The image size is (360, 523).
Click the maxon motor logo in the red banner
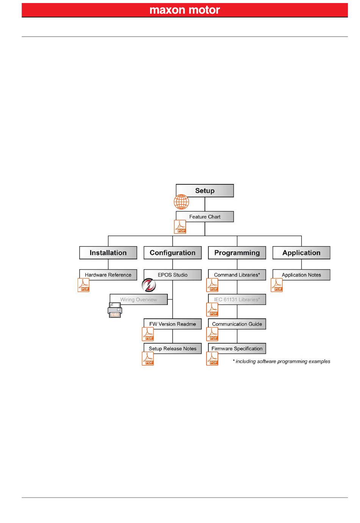[x=185, y=10]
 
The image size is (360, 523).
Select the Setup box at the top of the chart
[x=205, y=190]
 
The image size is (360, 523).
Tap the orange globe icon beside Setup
[x=181, y=202]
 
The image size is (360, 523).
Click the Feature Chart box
[x=205, y=217]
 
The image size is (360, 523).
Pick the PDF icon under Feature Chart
[x=180, y=227]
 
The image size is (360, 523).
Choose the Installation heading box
[x=108, y=253]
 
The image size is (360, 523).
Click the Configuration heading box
[x=172, y=253]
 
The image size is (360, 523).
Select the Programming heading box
[x=237, y=253]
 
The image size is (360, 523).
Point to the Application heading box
[x=301, y=253]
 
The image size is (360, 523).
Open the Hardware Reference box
[x=108, y=275]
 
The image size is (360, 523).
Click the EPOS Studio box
[x=172, y=275]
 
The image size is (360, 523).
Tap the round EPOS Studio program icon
[x=149, y=285]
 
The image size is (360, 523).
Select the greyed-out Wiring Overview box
[x=138, y=300]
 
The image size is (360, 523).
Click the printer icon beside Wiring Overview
[x=115, y=310]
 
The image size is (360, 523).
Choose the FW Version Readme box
[x=172, y=324]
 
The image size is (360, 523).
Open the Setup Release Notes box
[x=172, y=349]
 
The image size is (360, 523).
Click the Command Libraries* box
[x=237, y=275]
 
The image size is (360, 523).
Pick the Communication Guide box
[x=237, y=324]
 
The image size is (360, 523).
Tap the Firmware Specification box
[x=237, y=349]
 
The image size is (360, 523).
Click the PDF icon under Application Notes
[x=277, y=285]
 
